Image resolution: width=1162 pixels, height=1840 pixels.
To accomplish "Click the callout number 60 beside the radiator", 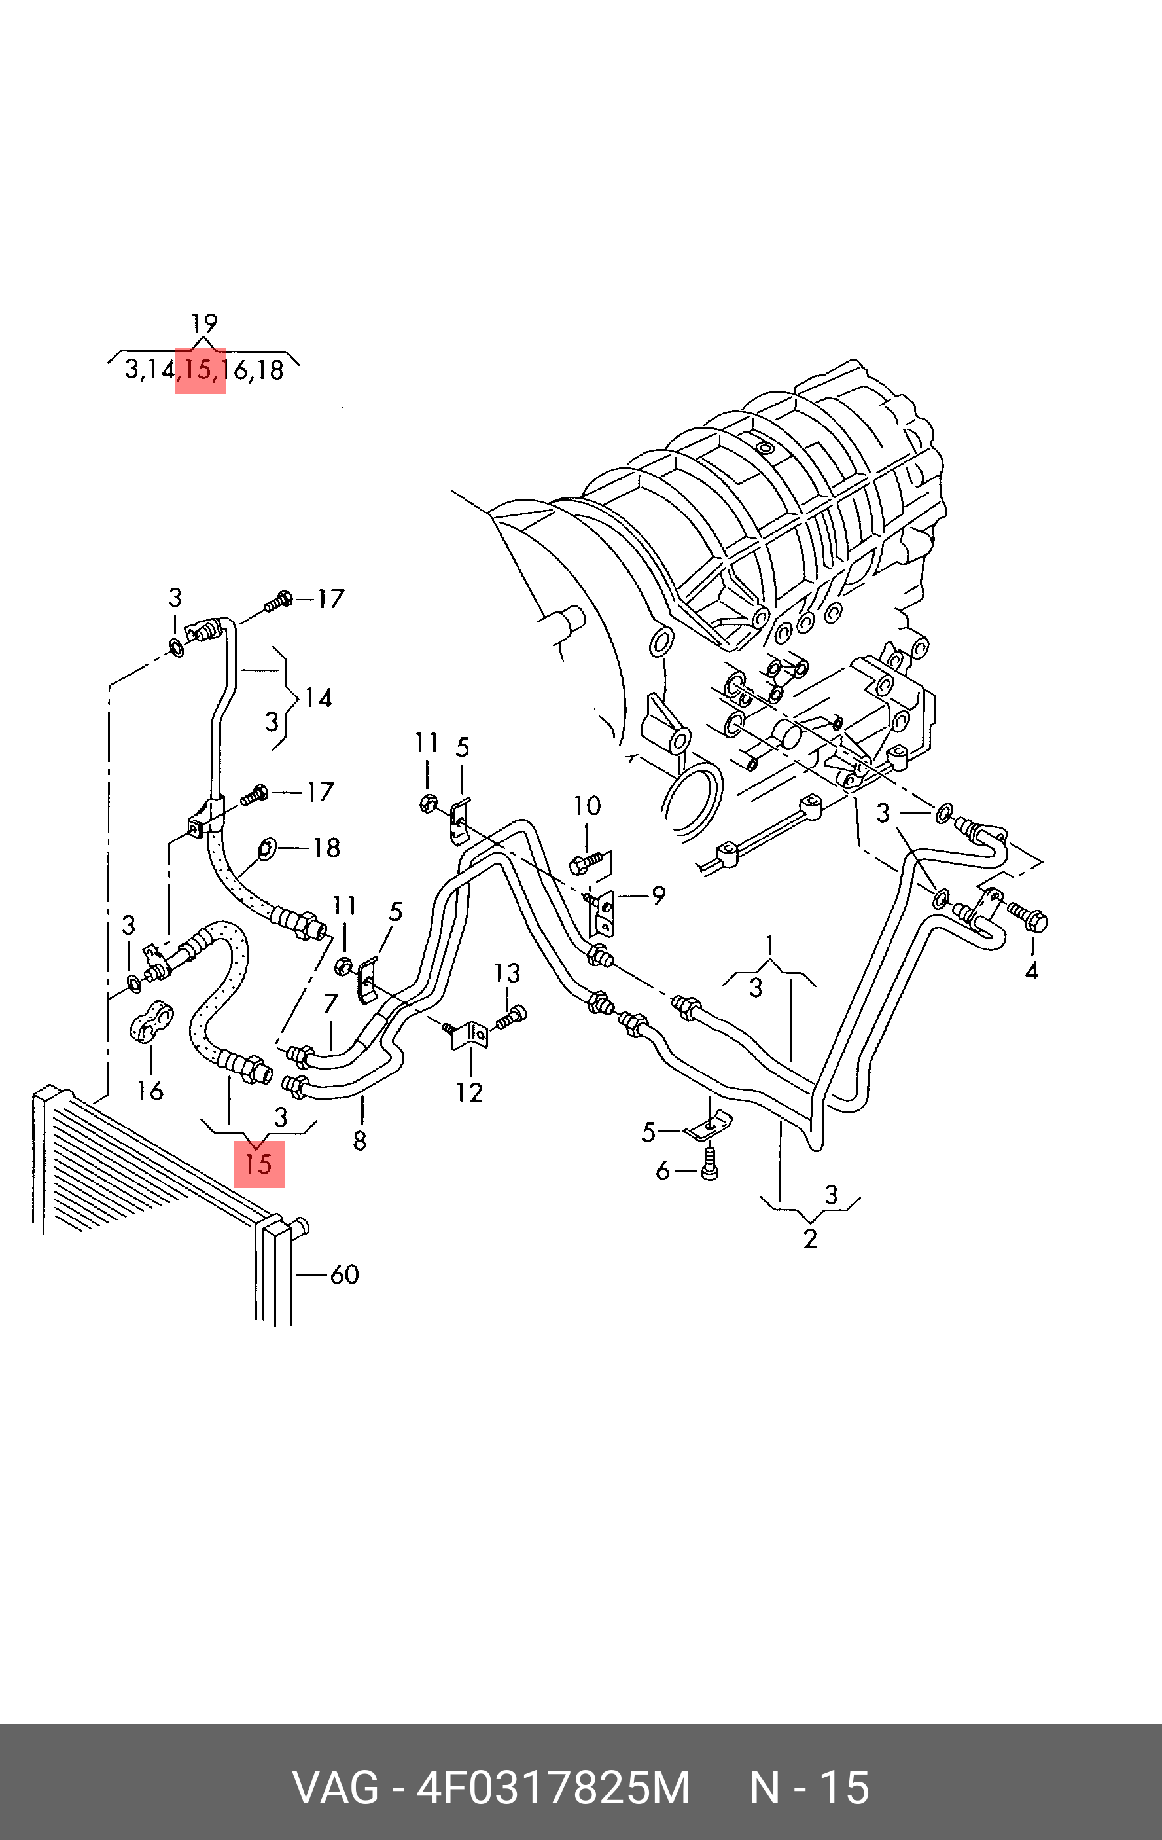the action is [345, 1274].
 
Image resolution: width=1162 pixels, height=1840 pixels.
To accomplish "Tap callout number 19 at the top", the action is [204, 324].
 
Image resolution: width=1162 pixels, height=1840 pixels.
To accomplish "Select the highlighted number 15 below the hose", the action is [259, 1164].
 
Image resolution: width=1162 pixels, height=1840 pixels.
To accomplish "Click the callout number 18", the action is [326, 848].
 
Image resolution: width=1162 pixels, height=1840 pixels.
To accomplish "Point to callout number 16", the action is [150, 1091].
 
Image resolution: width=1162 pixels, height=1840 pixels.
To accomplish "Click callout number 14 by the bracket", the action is [319, 698].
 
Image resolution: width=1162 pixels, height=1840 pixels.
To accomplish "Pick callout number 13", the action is [507, 973].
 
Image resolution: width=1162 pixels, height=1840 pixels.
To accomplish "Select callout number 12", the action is [470, 1092].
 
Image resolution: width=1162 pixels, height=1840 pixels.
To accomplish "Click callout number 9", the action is [658, 895].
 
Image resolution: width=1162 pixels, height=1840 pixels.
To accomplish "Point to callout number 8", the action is [360, 1141].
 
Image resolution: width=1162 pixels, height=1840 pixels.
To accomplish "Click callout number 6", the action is [662, 1170].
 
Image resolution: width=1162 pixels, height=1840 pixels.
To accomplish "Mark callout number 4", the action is [1031, 971].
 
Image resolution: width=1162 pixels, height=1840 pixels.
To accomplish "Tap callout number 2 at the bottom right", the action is [811, 1238].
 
